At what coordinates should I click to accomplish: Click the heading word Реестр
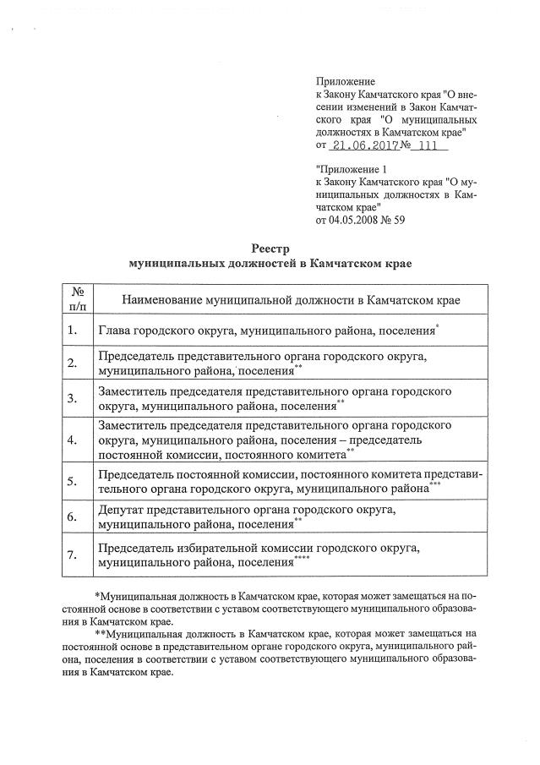click(x=270, y=249)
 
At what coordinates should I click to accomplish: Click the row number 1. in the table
click(x=72, y=330)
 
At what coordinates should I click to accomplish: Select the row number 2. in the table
click(x=72, y=363)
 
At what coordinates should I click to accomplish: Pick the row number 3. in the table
click(x=72, y=398)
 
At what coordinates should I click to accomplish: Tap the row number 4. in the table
click(x=72, y=440)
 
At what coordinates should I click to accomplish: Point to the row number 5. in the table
click(x=72, y=481)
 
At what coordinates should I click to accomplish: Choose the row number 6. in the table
click(x=72, y=516)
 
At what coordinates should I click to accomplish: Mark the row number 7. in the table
click(x=72, y=555)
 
